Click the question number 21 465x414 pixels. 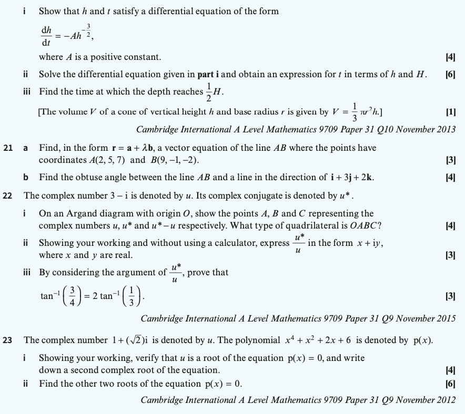pyautogui.click(x=7, y=148)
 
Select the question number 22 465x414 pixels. pyautogui.click(x=7, y=196)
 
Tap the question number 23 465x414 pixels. pyautogui.click(x=7, y=340)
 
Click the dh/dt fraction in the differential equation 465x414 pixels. pyautogui.click(x=46, y=36)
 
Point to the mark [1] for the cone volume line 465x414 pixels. pyautogui.click(x=450, y=112)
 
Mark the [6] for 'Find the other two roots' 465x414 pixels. pyautogui.click(x=450, y=384)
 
